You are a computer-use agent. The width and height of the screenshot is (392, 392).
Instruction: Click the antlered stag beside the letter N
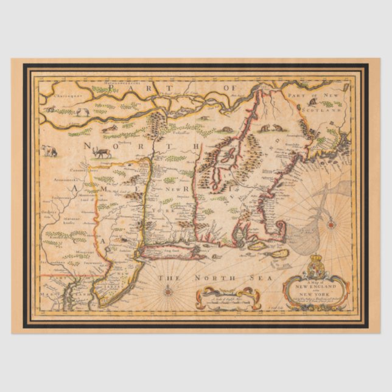(x=102, y=152)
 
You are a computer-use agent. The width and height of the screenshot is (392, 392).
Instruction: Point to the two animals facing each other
(x=265, y=128)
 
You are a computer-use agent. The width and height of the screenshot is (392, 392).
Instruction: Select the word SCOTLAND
(x=331, y=104)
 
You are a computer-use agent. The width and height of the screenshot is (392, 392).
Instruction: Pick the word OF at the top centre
(x=229, y=89)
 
